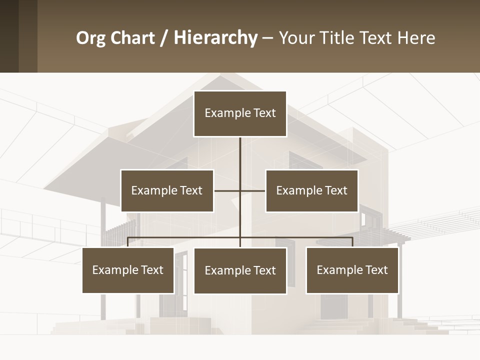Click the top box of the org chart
(240, 113)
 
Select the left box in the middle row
(167, 190)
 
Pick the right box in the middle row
(311, 190)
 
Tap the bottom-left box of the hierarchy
(128, 270)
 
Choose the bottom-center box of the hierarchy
(240, 270)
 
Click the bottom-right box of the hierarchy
(352, 270)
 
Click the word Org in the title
(90, 38)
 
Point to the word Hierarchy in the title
(215, 38)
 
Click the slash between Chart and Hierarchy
(164, 38)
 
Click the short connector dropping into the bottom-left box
(128, 242)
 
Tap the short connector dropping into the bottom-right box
(352, 242)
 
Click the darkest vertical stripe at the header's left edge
(9, 36)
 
